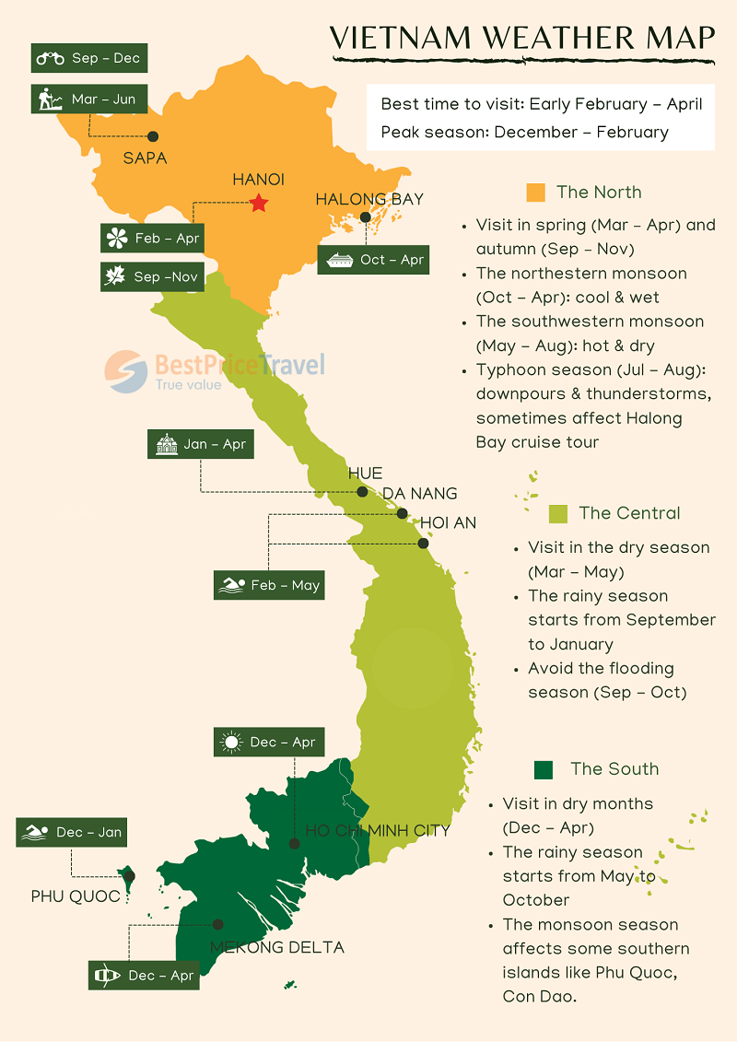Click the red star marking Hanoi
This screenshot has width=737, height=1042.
click(259, 203)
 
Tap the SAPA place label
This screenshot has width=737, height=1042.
click(145, 158)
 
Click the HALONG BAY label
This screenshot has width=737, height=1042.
click(369, 198)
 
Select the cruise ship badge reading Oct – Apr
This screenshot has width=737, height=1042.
click(373, 260)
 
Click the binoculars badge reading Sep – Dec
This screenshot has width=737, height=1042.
click(88, 58)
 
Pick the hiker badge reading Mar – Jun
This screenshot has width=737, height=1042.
click(88, 99)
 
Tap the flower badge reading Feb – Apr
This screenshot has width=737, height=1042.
click(152, 238)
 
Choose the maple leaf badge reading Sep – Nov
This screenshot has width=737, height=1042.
click(152, 276)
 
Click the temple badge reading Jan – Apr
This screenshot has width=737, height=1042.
click(200, 444)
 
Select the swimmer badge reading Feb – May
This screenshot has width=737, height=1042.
click(269, 585)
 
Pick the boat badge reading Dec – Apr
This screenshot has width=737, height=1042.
click(144, 976)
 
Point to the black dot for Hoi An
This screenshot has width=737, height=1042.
click(423, 544)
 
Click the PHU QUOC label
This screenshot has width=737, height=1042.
click(76, 896)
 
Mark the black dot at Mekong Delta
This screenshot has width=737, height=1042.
click(218, 924)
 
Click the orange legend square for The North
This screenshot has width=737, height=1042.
click(535, 193)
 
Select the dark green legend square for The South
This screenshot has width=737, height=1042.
click(543, 769)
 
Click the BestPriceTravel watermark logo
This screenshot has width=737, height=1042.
click(215, 369)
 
